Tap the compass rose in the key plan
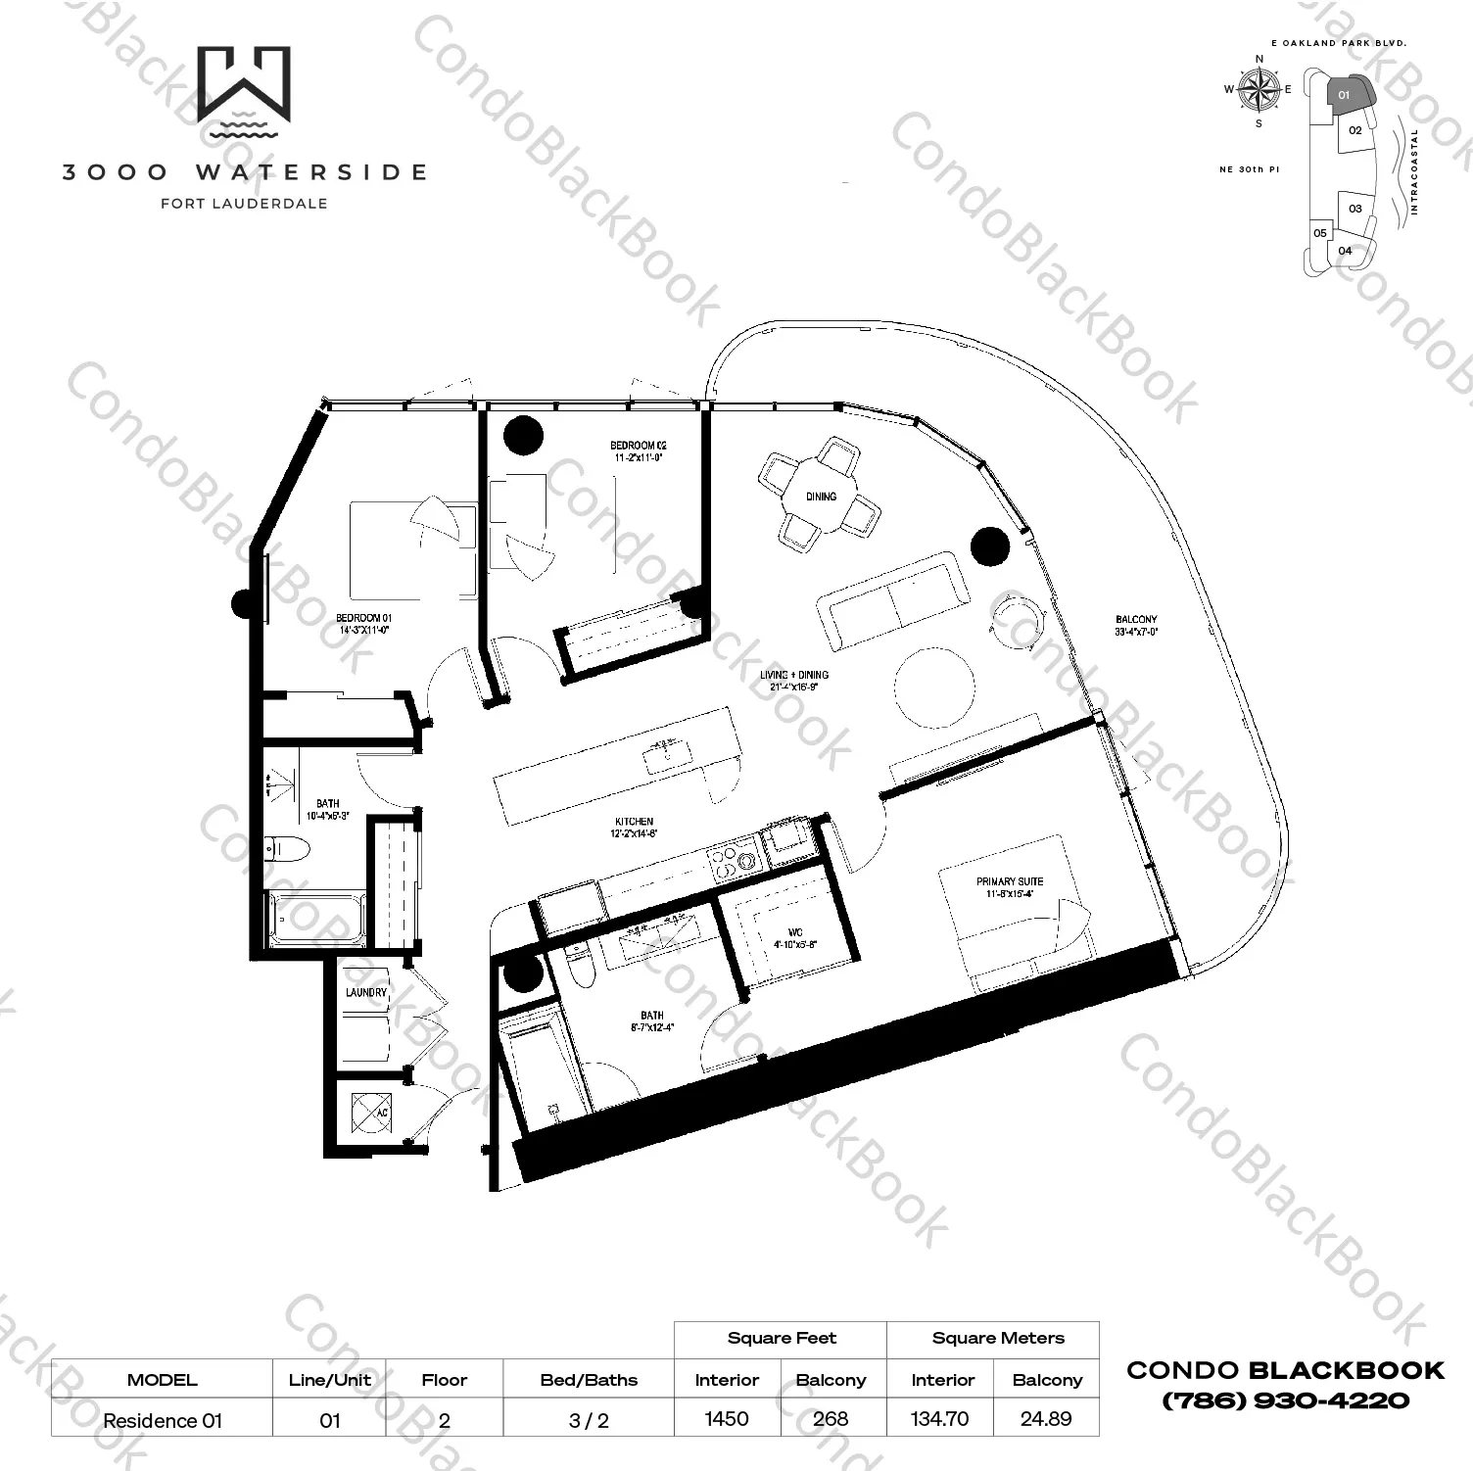[x=1259, y=90]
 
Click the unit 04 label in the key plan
[x=1345, y=251]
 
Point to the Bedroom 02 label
[x=638, y=451]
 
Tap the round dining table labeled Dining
[x=821, y=497]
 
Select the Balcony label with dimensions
[x=1135, y=626]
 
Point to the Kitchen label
[x=635, y=828]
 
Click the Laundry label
[x=366, y=992]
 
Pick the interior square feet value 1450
[x=727, y=1418]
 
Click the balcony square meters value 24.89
[x=1046, y=1418]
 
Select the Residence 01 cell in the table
[x=163, y=1420]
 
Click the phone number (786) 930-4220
[x=1285, y=1400]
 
